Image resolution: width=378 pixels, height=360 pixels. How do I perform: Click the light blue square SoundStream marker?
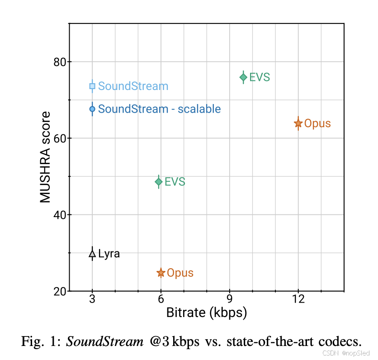click(92, 86)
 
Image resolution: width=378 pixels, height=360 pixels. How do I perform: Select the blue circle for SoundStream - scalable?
click(92, 109)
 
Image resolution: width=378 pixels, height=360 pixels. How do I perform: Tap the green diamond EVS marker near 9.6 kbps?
click(243, 77)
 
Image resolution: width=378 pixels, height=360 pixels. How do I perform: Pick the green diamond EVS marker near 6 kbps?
click(159, 182)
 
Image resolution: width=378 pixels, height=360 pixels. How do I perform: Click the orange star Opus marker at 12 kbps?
click(298, 123)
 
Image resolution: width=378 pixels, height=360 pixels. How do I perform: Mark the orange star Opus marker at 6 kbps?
click(161, 273)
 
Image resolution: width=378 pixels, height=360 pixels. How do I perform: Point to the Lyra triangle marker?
click(92, 254)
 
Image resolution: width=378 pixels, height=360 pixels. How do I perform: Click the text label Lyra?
click(109, 254)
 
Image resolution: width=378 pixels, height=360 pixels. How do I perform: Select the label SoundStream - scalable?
click(159, 109)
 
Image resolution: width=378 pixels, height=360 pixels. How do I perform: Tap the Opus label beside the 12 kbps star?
click(317, 123)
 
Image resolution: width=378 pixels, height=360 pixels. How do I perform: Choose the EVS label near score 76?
click(260, 77)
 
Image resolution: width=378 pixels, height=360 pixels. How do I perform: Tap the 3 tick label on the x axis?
click(92, 299)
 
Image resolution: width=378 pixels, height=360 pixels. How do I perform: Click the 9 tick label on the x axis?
click(230, 299)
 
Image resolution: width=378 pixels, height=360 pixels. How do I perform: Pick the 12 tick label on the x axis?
click(298, 299)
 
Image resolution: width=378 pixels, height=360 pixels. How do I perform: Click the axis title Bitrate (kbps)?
click(207, 313)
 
